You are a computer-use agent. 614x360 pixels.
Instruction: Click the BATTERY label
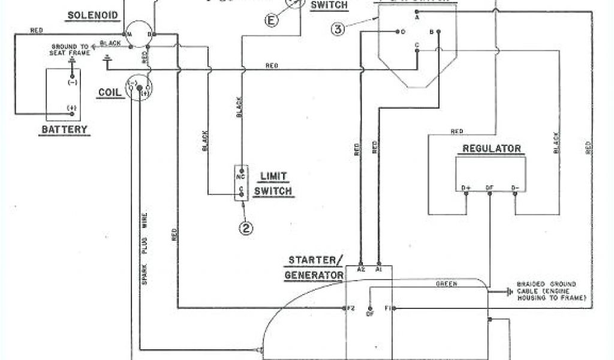click(x=64, y=129)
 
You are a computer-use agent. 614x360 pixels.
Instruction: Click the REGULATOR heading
click(x=491, y=148)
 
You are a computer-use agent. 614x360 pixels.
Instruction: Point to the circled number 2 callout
click(x=245, y=227)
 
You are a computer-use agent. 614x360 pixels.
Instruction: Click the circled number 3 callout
click(x=338, y=29)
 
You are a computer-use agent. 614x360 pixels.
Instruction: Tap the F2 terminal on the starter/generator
click(x=351, y=308)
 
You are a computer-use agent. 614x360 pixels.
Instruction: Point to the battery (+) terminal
click(x=71, y=109)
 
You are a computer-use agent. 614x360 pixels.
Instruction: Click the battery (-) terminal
click(x=72, y=83)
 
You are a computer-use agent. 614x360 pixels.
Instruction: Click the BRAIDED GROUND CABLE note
click(x=546, y=291)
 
